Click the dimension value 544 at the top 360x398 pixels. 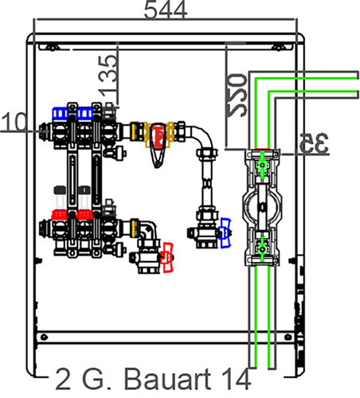[x=166, y=10]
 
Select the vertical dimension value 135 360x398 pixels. [x=108, y=75]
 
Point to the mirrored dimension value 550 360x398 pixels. [x=236, y=96]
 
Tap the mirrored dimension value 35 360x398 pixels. [x=314, y=143]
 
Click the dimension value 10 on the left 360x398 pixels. [x=14, y=122]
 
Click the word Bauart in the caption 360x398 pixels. [x=167, y=379]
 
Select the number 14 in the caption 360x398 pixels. [x=236, y=379]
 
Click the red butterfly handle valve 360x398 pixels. [x=167, y=257]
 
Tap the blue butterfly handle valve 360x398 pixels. [x=225, y=233]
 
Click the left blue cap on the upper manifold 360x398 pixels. [x=61, y=113]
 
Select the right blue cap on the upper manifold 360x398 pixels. [x=84, y=113]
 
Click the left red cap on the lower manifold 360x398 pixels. [x=60, y=215]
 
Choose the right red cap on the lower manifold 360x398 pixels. [x=84, y=215]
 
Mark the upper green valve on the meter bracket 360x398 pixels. [x=262, y=165]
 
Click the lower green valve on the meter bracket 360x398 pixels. [x=262, y=249]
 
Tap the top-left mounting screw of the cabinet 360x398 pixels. [x=52, y=48]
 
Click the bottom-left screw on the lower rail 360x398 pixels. [x=44, y=338]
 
